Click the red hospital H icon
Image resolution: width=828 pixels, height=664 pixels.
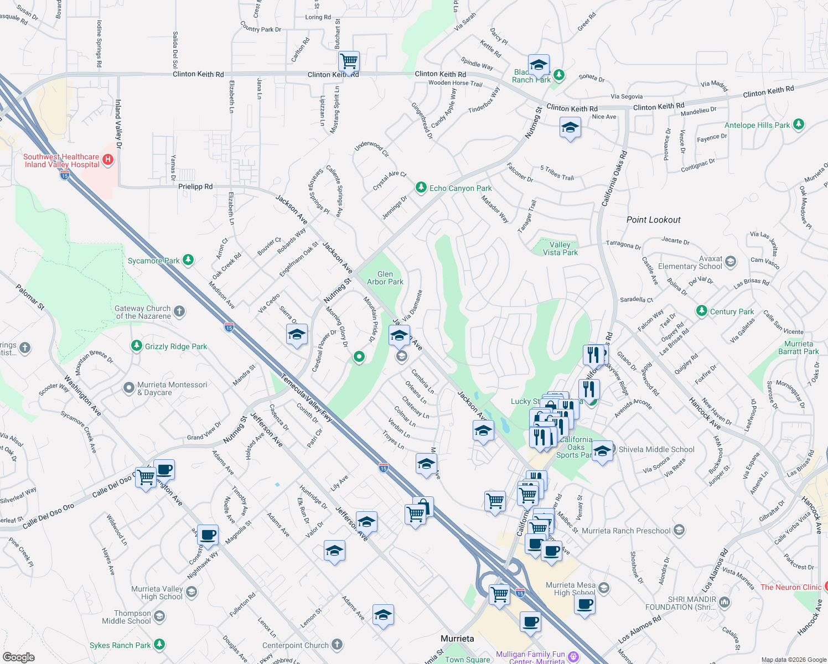pyautogui.click(x=108, y=160)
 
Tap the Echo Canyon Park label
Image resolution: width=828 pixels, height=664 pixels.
pyautogui.click(x=460, y=188)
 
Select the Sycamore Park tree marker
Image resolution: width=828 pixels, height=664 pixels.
pyautogui.click(x=188, y=260)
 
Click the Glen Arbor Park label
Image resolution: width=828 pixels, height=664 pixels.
pyautogui.click(x=385, y=278)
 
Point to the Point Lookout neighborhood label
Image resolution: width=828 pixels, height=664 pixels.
pyautogui.click(x=653, y=220)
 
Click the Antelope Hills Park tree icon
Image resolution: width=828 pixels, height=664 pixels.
pyautogui.click(x=798, y=124)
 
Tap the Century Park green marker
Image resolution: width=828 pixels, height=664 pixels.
pyautogui.click(x=702, y=311)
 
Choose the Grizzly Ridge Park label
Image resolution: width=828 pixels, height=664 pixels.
pyautogui.click(x=176, y=346)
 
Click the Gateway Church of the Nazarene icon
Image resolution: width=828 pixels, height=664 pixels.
pyautogui.click(x=179, y=311)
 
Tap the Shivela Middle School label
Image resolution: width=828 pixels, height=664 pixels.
pyautogui.click(x=656, y=449)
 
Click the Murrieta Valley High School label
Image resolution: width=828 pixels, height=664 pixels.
pyautogui.click(x=157, y=593)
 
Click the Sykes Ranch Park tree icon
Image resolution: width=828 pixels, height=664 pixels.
pyautogui.click(x=159, y=644)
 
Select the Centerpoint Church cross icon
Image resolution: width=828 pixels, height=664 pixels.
pyautogui.click(x=337, y=645)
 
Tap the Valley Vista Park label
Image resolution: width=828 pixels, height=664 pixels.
pyautogui.click(x=560, y=248)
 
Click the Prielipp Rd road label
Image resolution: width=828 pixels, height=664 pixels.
pyautogui.click(x=195, y=186)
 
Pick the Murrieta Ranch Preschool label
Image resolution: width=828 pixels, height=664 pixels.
pyautogui.click(x=626, y=531)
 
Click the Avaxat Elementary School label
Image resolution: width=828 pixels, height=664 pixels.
pyautogui.click(x=690, y=262)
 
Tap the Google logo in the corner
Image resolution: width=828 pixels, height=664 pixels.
pyautogui.click(x=18, y=657)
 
